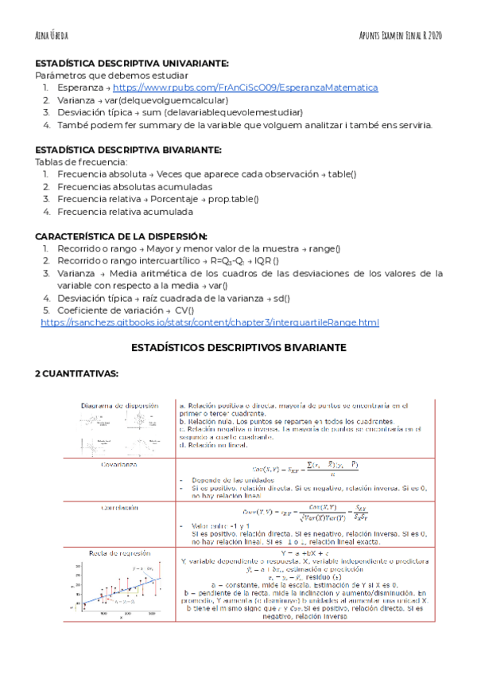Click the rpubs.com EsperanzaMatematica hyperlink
[x=246, y=88]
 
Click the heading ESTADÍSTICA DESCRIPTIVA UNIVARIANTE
[x=132, y=63]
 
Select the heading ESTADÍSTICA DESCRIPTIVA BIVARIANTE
[x=129, y=150]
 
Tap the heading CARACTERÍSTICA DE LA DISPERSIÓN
[x=121, y=236]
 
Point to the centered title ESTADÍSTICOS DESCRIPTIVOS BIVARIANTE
[x=238, y=348]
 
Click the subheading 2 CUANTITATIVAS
[x=76, y=373]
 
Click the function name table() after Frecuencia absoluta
[x=342, y=174]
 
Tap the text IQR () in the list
[x=264, y=261]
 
